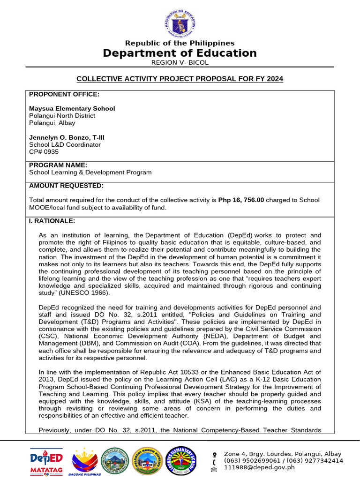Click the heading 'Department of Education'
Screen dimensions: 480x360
[180, 53]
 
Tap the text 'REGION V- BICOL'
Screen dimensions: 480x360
[180, 63]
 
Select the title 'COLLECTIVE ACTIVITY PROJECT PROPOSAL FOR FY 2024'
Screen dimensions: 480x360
[180, 79]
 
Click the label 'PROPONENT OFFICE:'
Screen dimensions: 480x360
[64, 94]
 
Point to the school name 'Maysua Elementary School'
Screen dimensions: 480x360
[72, 108]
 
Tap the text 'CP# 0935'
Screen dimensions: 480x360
[44, 152]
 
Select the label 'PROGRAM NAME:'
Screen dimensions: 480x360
[58, 165]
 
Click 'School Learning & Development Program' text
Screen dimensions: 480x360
[90, 172]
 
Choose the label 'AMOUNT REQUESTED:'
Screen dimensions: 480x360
[66, 186]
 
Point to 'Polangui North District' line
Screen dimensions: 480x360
[62, 116]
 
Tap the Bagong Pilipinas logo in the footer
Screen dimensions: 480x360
[86, 460]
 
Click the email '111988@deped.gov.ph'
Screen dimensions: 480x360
[259, 467]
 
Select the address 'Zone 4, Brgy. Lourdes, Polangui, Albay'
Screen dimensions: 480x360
[283, 454]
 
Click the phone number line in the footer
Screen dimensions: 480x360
[284, 460]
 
